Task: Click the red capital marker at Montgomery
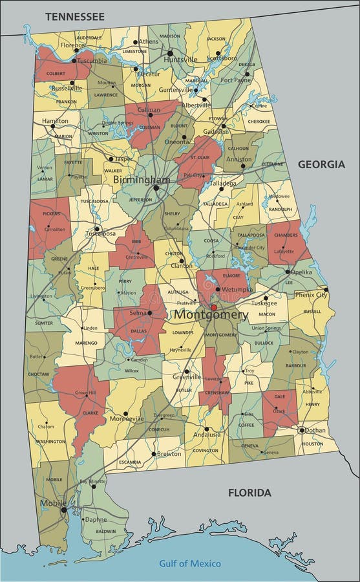214,308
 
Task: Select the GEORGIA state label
321,164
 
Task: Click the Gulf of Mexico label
190,563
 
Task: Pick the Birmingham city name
142,179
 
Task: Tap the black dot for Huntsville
170,53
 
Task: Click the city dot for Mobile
63,510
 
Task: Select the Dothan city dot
301,430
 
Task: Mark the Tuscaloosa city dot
97,228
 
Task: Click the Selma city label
136,313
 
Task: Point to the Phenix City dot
326,290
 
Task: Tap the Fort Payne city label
235,80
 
